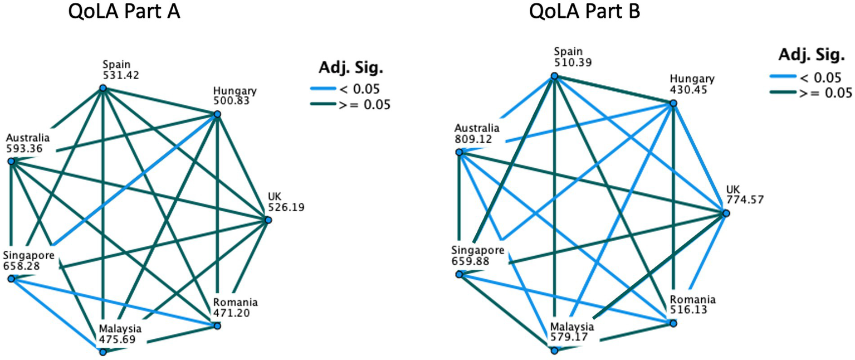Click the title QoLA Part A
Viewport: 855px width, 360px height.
coord(124,12)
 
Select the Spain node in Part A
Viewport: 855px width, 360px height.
coord(102,88)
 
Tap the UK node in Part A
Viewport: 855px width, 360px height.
coord(268,220)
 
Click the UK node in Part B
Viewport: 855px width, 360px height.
coord(725,213)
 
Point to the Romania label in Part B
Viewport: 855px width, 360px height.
coord(692,299)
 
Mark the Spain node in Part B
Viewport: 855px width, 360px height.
coord(554,76)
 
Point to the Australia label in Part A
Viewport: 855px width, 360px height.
coord(28,138)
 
